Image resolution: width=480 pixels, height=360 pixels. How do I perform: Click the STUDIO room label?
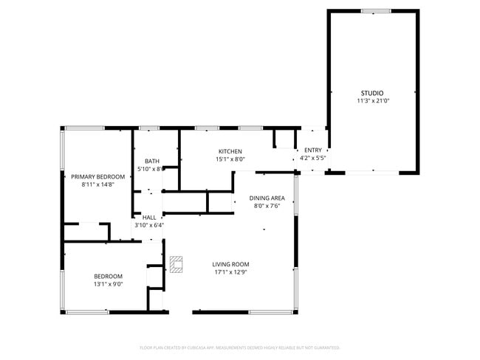371,93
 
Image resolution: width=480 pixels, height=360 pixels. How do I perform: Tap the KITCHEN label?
230,151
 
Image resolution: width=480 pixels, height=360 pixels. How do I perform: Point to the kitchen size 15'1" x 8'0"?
230,159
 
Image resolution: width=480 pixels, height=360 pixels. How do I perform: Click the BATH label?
151,162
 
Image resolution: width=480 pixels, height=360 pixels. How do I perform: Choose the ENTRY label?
313,150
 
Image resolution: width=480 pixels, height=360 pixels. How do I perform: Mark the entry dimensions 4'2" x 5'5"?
313,158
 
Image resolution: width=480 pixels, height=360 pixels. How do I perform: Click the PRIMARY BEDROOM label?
97,176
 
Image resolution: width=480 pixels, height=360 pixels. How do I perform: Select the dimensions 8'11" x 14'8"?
97,184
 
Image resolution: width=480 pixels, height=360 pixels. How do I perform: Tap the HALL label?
149,218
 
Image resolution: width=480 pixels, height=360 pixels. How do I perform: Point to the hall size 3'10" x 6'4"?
149,225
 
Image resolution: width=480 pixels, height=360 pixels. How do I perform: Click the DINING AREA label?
267,198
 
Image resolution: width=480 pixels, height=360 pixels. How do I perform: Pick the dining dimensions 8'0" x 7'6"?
267,206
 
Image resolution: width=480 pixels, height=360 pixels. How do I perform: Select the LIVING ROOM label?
230,264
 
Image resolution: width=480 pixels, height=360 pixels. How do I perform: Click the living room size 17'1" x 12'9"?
230,272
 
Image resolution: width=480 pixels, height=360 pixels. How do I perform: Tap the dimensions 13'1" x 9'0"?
108,284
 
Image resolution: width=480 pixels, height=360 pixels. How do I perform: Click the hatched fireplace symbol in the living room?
176,264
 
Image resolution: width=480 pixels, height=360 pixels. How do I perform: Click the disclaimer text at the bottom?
239,347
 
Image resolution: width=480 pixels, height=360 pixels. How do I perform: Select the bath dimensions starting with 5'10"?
151,169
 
